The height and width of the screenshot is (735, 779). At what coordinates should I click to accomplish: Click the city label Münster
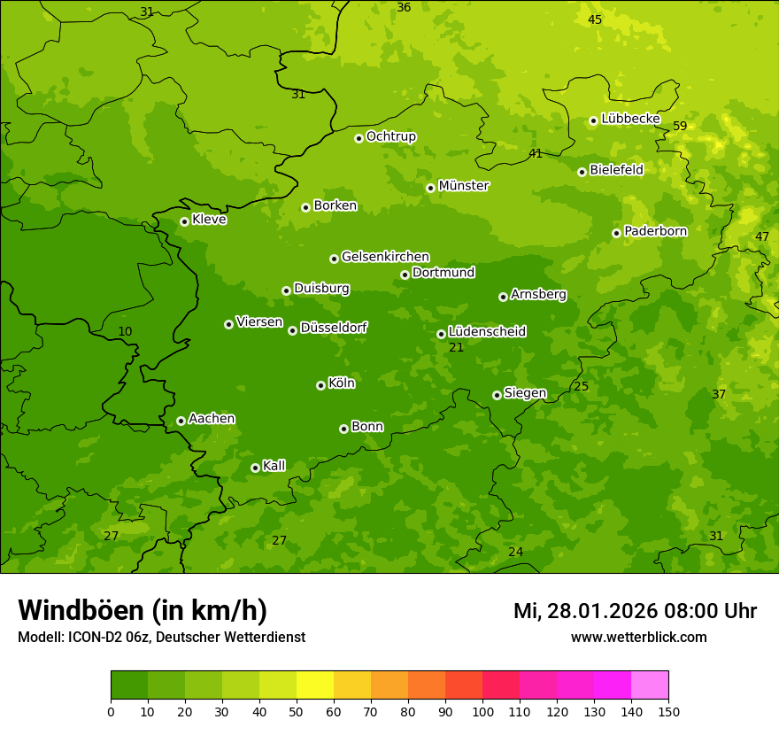pos(463,186)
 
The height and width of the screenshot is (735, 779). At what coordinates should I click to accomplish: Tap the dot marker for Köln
pos(320,385)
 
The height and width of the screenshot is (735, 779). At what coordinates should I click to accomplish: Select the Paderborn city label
pos(655,231)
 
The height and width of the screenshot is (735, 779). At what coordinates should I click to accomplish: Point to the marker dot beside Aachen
pos(181,421)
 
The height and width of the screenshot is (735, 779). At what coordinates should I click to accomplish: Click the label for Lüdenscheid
pos(487,332)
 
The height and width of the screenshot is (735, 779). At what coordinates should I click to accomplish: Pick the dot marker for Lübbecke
pos(593,120)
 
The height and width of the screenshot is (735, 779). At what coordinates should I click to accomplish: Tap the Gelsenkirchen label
pos(385,257)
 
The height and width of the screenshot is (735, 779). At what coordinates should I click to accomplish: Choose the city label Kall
pos(274,466)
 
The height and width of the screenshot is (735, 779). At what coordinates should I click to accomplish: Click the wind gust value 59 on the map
pos(680,127)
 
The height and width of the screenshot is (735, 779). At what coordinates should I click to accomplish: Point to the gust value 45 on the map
pos(595,19)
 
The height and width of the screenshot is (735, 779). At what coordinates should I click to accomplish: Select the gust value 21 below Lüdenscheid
pos(456,348)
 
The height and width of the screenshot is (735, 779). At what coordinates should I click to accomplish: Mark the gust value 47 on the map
pos(762,236)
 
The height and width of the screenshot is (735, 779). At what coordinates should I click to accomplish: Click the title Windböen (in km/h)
pos(143,610)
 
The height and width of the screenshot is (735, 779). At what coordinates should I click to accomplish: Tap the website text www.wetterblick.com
pos(638,637)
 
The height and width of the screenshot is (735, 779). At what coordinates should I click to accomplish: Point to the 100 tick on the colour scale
pos(482,711)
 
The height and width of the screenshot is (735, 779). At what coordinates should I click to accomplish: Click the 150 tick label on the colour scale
pos(667,711)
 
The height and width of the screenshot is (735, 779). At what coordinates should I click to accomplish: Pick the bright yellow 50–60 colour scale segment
pos(315,685)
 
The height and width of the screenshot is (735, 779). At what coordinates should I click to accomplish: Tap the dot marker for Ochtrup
pos(359,138)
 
